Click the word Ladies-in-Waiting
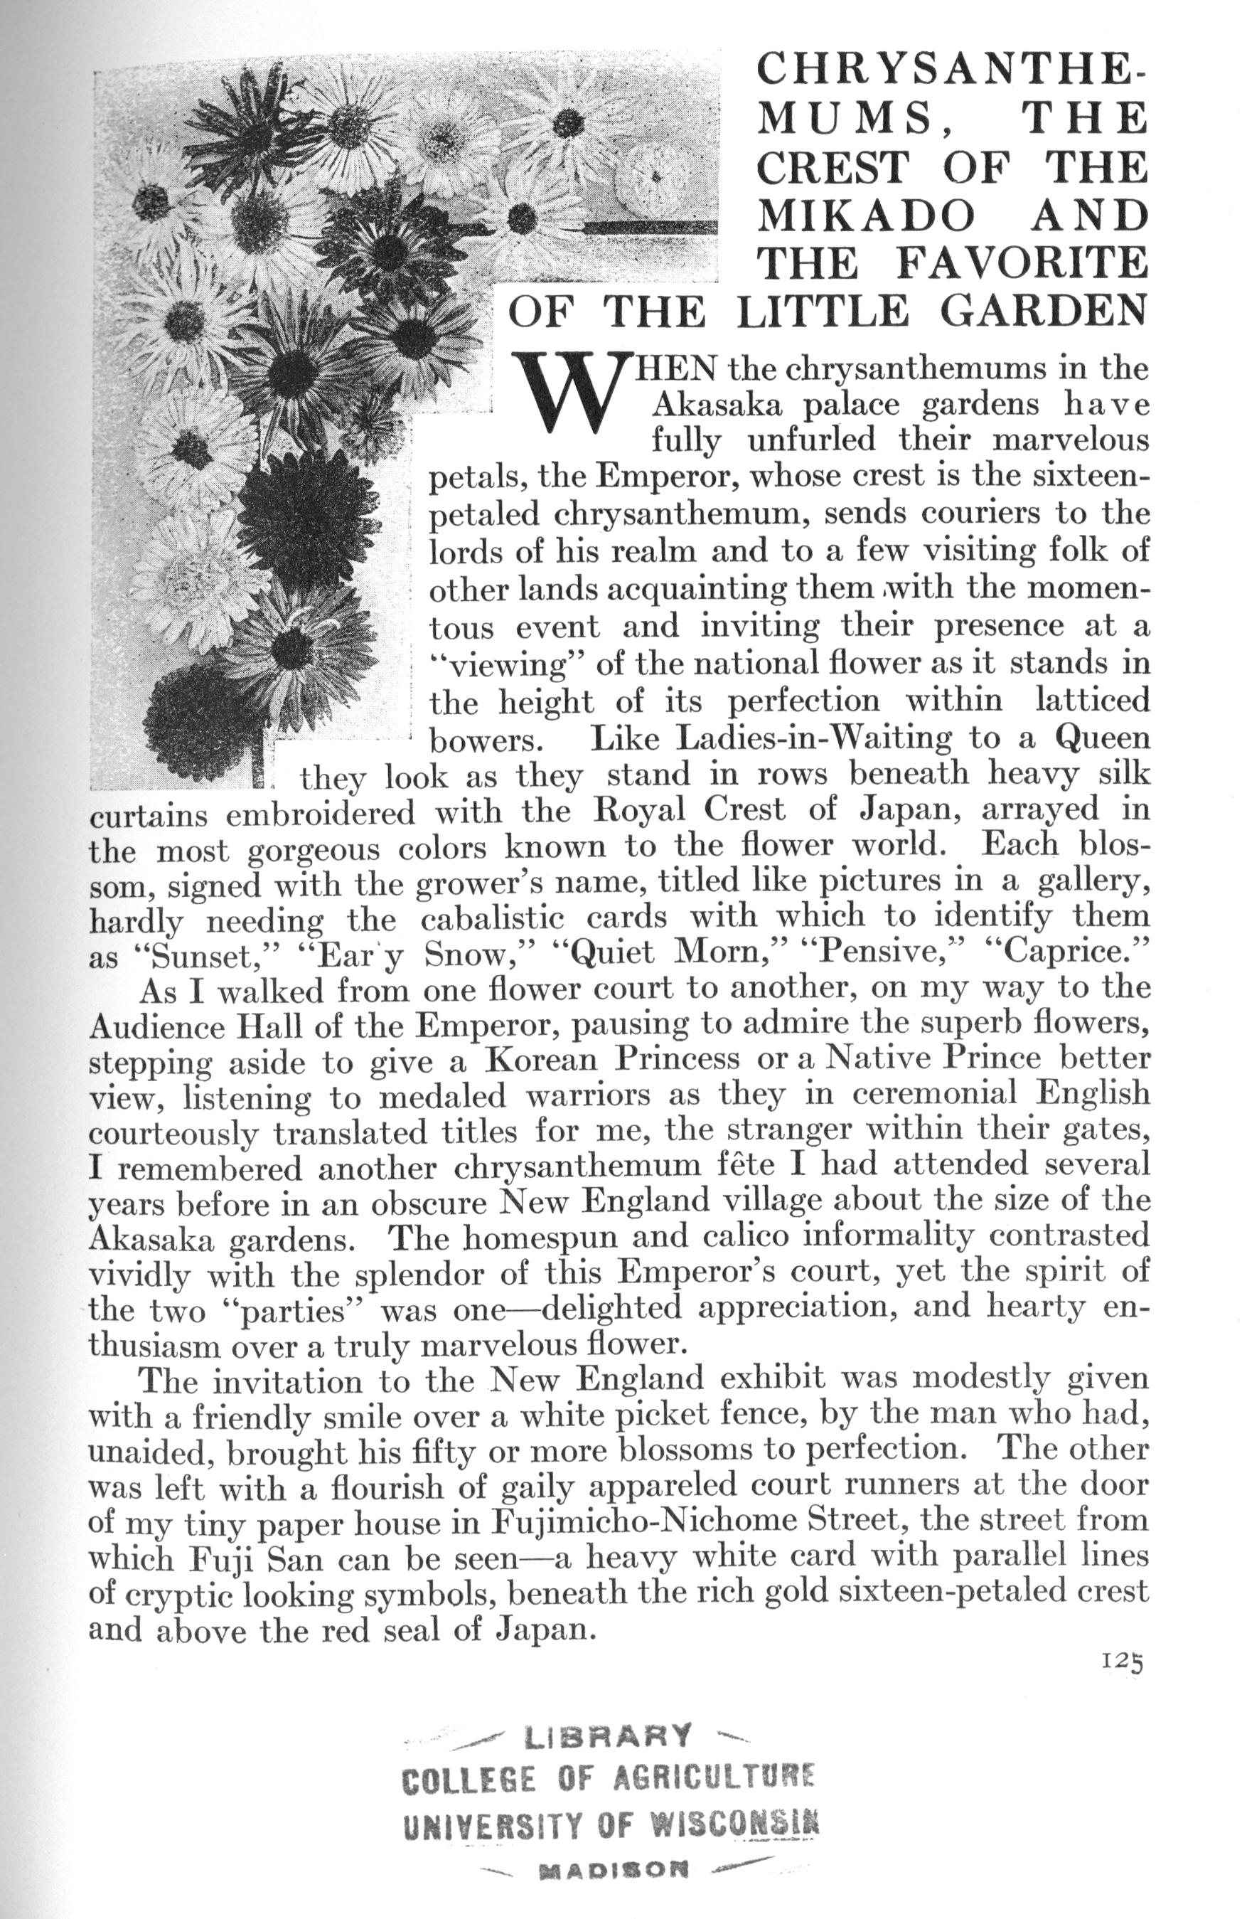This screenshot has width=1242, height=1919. (813, 738)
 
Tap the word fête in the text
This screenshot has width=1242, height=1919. (755, 1165)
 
